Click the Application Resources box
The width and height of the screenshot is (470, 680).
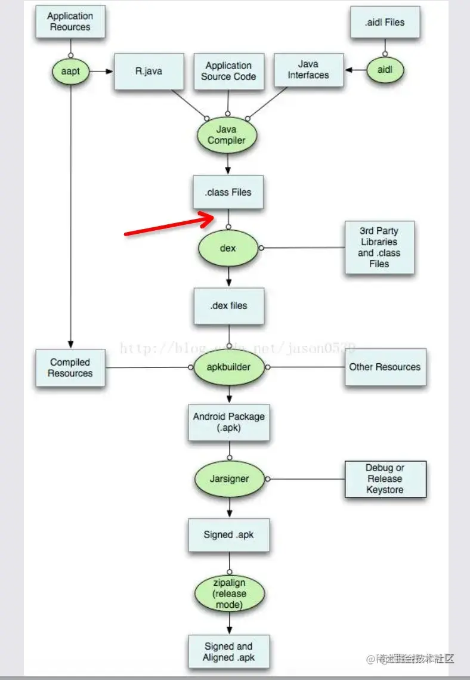tap(70, 22)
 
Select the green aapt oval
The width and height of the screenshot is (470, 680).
tap(70, 72)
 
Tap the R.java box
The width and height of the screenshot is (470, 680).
tap(149, 72)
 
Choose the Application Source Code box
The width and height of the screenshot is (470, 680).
tap(228, 71)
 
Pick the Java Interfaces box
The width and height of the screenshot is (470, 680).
tap(308, 70)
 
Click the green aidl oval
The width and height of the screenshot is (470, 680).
tap(385, 70)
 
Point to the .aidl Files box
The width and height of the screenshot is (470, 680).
tap(385, 23)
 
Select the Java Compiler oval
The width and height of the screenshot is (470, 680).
tap(227, 135)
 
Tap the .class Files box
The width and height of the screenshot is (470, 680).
tap(228, 192)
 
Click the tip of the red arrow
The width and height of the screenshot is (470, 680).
tap(214, 218)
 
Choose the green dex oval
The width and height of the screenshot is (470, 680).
tap(228, 248)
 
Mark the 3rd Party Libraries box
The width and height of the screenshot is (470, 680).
tap(379, 248)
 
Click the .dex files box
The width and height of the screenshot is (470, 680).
tap(228, 306)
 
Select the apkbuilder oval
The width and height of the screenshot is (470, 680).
tap(229, 367)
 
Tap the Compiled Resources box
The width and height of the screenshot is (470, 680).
tap(70, 367)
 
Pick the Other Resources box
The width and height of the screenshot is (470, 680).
tap(385, 367)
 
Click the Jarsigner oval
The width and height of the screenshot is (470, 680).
tap(230, 478)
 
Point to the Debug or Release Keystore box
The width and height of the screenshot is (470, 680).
tap(385, 479)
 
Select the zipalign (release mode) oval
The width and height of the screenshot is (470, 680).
tap(230, 594)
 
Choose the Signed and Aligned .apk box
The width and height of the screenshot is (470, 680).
tap(228, 651)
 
